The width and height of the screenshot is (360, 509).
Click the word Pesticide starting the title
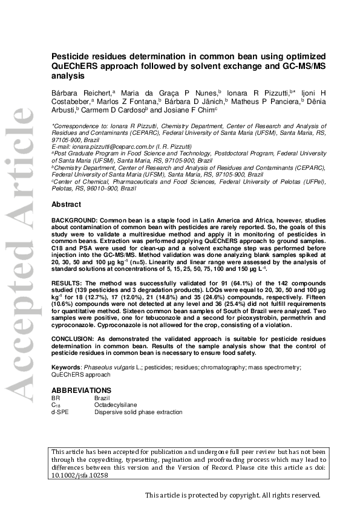click(71, 55)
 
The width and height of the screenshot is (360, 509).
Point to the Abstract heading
click(66, 204)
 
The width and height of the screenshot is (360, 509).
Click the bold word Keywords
click(66, 368)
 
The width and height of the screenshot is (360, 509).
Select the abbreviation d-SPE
click(61, 412)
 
